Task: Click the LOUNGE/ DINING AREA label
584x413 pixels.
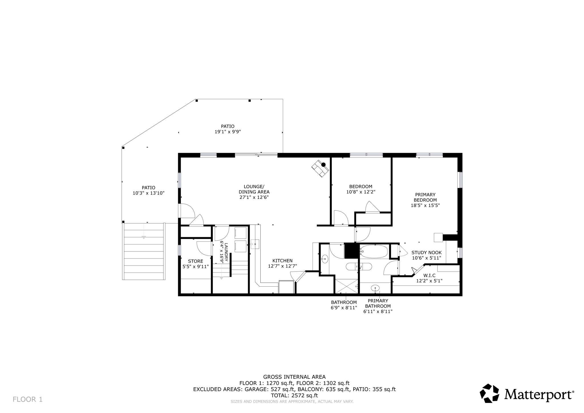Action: click(254, 192)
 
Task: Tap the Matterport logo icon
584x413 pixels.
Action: click(489, 393)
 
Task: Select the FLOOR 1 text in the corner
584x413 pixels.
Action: click(28, 399)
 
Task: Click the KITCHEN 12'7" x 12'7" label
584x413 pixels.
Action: click(282, 263)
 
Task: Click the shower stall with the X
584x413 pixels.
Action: click(346, 286)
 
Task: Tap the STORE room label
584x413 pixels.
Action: click(196, 264)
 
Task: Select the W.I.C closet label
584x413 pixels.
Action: click(429, 278)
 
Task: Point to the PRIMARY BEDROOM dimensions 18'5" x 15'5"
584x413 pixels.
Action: click(425, 205)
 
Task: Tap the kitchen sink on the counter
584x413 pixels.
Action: click(255, 244)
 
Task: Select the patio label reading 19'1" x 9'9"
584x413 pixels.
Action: click(228, 129)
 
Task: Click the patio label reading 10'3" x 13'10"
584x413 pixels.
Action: click(149, 190)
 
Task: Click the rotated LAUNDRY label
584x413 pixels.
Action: click(224, 252)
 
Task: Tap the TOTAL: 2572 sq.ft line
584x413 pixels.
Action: click(294, 396)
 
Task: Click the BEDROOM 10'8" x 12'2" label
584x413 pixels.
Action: click(361, 189)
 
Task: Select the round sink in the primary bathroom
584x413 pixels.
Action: click(375, 288)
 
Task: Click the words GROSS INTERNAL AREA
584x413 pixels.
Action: click(294, 377)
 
